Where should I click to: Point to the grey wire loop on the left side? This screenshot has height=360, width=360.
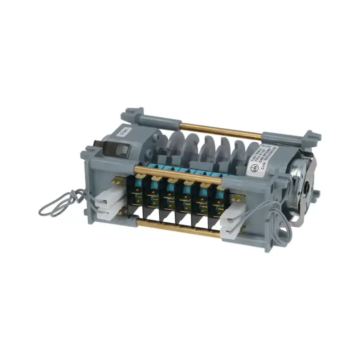click(61, 202)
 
